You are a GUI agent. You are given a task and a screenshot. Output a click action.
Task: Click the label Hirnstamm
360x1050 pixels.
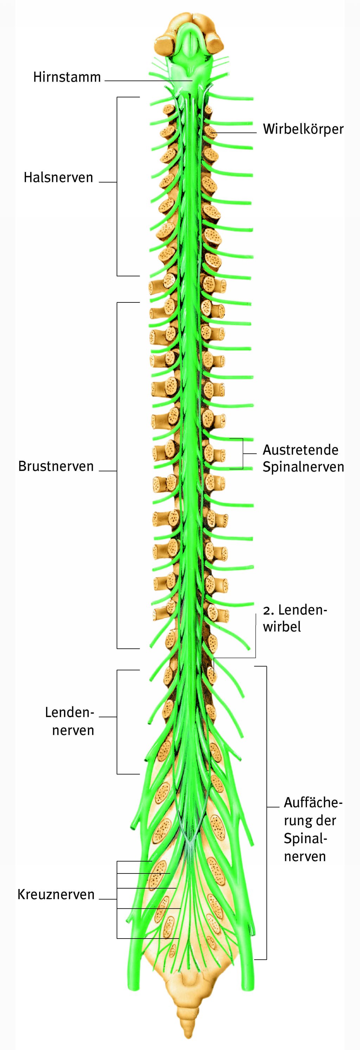click(x=67, y=77)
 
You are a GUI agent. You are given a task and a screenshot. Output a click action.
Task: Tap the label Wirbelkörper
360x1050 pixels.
click(x=303, y=129)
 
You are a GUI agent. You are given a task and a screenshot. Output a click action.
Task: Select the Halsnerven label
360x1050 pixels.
click(x=58, y=178)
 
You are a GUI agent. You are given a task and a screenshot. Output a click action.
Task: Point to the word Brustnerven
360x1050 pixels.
click(x=56, y=466)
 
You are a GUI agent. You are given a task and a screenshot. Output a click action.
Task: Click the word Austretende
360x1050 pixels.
click(x=301, y=450)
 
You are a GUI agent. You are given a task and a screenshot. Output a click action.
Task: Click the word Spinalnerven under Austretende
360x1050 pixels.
click(x=303, y=467)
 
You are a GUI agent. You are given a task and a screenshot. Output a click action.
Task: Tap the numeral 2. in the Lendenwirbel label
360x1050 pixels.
click(x=268, y=610)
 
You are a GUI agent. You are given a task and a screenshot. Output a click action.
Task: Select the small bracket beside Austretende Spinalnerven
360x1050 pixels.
click(x=243, y=453)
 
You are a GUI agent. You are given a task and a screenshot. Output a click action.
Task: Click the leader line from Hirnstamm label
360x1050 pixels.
click(x=147, y=81)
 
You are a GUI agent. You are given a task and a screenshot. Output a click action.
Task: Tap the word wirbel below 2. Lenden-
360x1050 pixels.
click(x=282, y=627)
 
